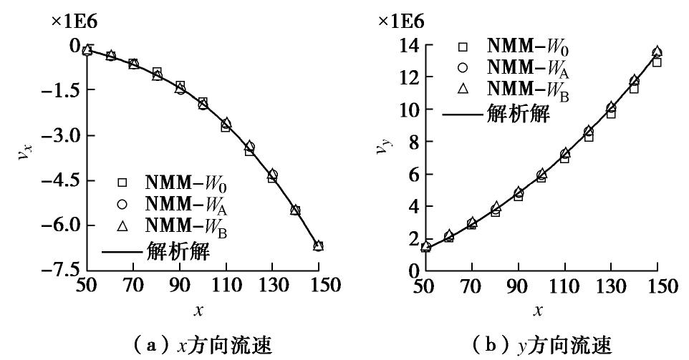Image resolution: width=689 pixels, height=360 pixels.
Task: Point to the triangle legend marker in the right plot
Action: coord(462,89)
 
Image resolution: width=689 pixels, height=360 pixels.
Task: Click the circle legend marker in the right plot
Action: coord(462,68)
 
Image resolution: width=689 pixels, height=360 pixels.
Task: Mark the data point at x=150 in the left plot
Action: coord(319,245)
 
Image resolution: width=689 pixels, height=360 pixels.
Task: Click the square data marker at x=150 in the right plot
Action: coord(657,62)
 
